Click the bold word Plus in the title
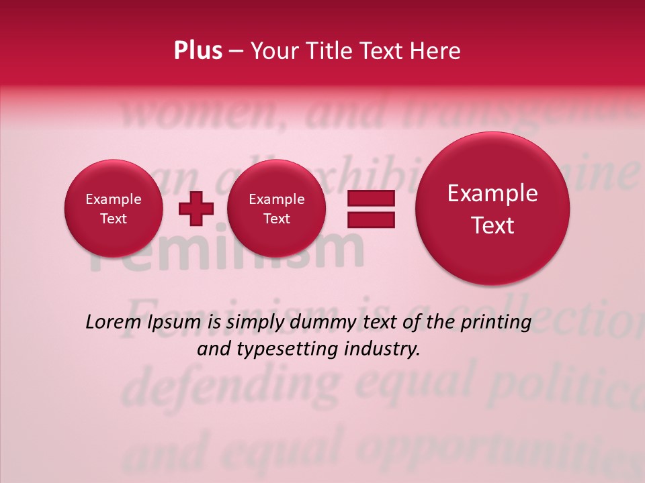(198, 51)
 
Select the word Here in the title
(435, 51)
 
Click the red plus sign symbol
(196, 209)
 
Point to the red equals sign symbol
(370, 209)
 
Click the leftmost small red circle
(114, 209)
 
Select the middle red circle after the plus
(276, 209)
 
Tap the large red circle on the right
(492, 209)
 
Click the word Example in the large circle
(492, 193)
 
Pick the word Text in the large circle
(492, 225)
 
